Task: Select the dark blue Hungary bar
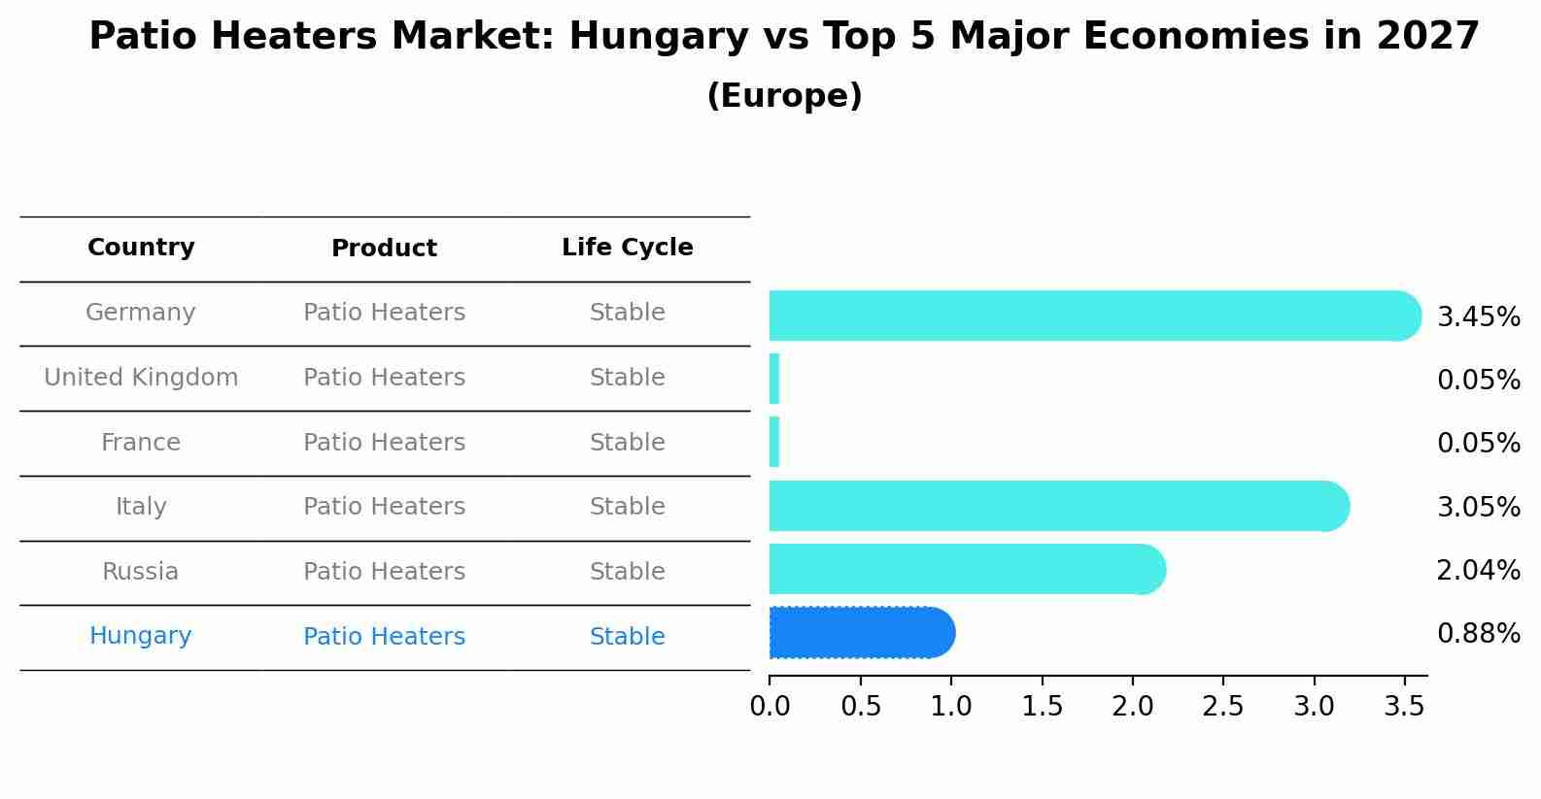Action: point(860,633)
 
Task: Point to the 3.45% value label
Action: point(1478,317)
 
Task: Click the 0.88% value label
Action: point(1478,634)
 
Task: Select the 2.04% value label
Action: point(1478,571)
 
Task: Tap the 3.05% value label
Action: point(1478,507)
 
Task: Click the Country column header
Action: point(141,248)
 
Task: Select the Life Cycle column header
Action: point(627,248)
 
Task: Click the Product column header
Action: point(384,249)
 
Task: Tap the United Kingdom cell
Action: point(141,378)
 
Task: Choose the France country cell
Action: point(141,443)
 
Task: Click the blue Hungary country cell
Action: point(141,636)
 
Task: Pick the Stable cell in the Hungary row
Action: point(627,637)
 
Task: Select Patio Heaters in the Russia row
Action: point(384,572)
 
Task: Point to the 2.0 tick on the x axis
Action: point(1132,707)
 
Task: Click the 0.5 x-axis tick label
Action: point(860,707)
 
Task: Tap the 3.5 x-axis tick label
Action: point(1404,707)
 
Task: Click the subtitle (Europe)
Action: point(784,96)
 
